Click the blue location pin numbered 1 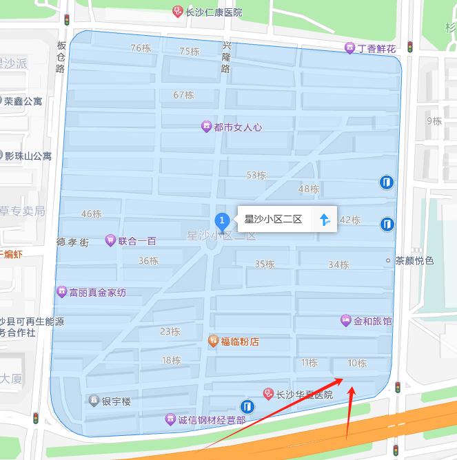(222, 222)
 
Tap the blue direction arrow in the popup (324, 220)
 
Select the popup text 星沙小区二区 (274, 220)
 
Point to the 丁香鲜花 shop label (376, 49)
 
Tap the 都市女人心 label (237, 127)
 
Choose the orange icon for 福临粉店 (214, 341)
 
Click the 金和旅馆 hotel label (372, 321)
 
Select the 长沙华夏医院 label (304, 395)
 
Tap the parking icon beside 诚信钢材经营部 (247, 406)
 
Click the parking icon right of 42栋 (387, 224)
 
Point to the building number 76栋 (141, 48)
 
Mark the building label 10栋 (357, 363)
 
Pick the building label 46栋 (91, 213)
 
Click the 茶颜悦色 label (414, 261)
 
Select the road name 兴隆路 (226, 56)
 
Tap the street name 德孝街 (73, 242)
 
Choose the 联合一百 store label (136, 241)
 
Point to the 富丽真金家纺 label (97, 293)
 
